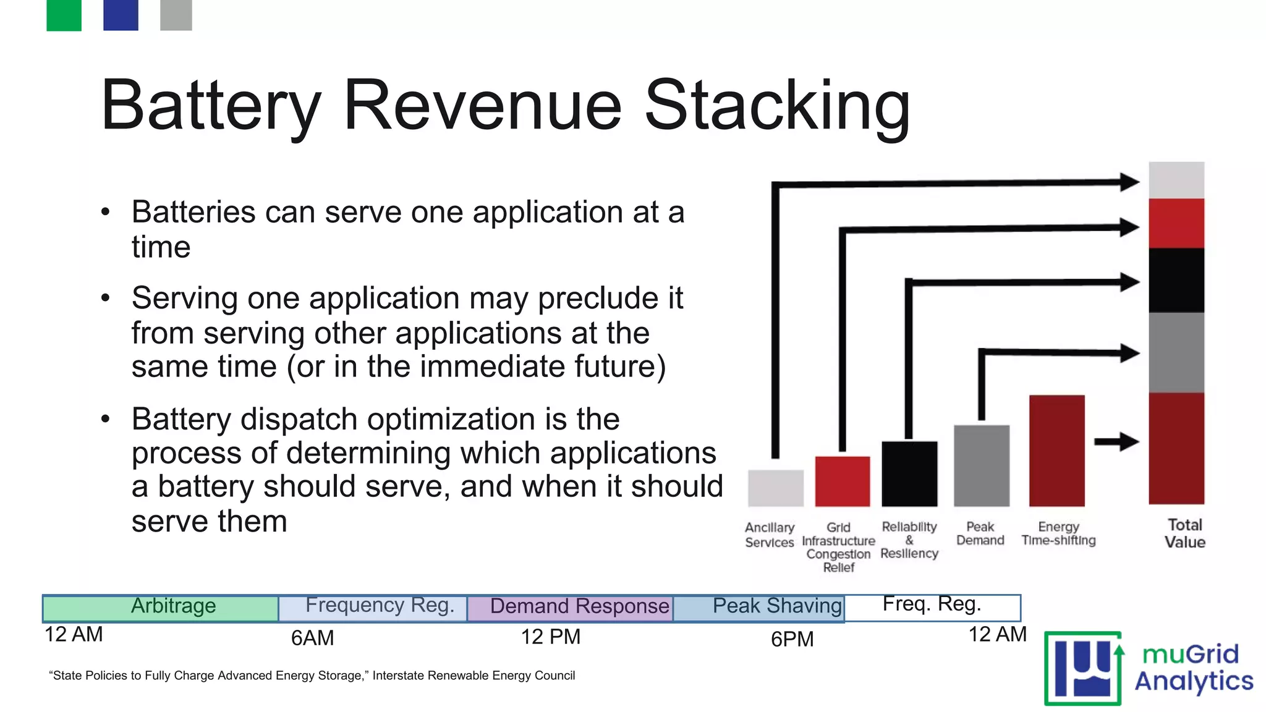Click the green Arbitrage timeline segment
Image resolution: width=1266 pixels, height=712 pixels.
(161, 608)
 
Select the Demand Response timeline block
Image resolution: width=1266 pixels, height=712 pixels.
(569, 608)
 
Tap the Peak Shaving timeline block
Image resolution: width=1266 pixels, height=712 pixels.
(758, 608)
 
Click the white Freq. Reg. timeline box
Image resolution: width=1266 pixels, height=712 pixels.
(932, 608)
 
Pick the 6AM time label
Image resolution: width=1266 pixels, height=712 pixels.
(312, 638)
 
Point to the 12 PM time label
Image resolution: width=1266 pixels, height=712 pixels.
(550, 637)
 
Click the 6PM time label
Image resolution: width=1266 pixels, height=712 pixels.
(792, 639)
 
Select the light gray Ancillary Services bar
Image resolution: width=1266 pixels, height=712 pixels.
(775, 488)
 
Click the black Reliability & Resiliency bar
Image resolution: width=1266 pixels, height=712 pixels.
(909, 474)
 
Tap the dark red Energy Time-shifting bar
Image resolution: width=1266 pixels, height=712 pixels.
(1056, 451)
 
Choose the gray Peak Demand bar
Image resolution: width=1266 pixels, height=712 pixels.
(981, 465)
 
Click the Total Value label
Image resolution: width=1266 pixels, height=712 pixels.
(1184, 533)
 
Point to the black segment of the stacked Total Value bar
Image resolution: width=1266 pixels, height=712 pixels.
(1176, 280)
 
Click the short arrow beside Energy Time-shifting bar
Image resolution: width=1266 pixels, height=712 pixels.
(1116, 442)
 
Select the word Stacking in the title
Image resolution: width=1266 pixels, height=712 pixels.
(777, 106)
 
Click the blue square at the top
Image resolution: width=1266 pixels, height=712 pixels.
(121, 15)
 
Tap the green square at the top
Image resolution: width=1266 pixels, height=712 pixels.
(64, 15)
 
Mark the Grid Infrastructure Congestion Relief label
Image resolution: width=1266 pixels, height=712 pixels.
(838, 548)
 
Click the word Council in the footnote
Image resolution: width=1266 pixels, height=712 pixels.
(554, 676)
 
